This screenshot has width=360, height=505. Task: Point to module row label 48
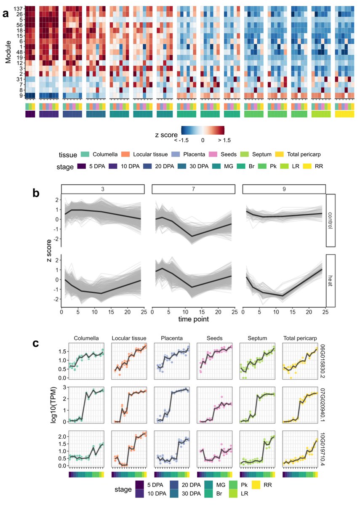coord(18,52)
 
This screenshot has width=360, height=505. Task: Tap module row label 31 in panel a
coord(18,79)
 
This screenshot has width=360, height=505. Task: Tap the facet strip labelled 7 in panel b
coord(193,189)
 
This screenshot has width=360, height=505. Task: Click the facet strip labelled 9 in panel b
coord(283,189)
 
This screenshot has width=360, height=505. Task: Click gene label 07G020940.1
coord(323,403)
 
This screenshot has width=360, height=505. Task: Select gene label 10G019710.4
coord(323,449)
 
